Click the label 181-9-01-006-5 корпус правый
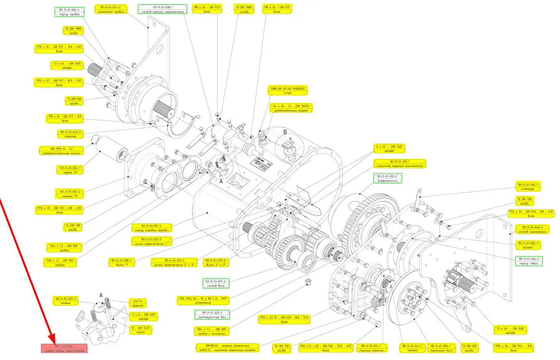69,12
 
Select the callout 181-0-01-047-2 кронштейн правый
111,10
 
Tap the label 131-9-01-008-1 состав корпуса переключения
163,9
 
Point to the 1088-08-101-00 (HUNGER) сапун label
288,91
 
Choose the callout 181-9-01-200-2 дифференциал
387,178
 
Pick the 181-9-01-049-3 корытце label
70,134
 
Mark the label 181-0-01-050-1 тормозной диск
441,348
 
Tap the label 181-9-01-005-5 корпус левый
529,261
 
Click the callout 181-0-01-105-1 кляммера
528,187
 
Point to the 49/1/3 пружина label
138,303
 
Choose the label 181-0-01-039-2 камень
66,301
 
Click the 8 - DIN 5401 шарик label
140,330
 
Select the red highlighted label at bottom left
64,348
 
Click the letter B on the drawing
285,132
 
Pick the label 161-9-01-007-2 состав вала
216,283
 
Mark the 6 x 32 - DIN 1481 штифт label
389,149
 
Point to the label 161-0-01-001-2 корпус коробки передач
151,228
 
